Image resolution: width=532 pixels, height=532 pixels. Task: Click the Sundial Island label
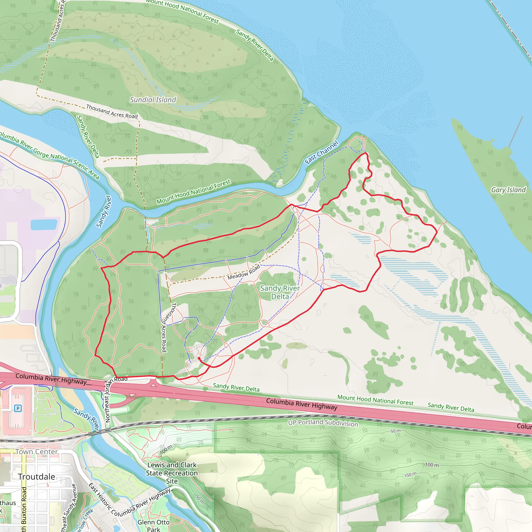[153, 100]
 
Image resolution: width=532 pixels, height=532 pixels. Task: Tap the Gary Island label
[508, 190]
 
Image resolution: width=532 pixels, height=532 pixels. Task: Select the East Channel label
[321, 152]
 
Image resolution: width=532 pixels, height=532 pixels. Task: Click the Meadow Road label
[243, 272]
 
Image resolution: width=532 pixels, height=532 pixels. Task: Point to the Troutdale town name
[37, 477]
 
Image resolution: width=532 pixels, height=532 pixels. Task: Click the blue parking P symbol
[18, 408]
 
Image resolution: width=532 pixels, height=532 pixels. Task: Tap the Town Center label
[37, 452]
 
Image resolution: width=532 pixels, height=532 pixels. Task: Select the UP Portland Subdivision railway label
[323, 423]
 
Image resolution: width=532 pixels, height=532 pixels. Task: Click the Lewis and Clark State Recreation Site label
[172, 473]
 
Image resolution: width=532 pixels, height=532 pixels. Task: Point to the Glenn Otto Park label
[153, 526]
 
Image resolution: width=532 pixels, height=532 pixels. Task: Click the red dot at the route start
[199, 358]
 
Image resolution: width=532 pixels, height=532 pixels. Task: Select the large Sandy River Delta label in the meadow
[280, 292]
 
